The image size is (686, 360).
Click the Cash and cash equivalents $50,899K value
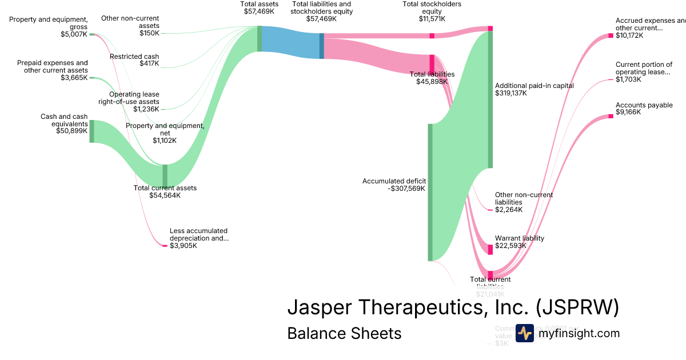point(71,130)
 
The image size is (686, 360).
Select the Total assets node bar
point(260,39)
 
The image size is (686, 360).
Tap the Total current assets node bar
point(165,175)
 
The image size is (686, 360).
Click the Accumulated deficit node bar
point(430,192)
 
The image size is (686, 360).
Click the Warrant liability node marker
point(490,249)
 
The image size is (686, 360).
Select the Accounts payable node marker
point(611,116)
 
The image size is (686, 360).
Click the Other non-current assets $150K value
point(149,33)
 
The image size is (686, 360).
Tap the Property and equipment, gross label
point(49,23)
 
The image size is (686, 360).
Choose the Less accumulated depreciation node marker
point(165,246)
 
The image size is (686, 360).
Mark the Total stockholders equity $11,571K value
point(432,19)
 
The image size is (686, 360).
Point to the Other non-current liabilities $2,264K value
point(508,209)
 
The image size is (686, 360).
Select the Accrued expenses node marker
point(611,35)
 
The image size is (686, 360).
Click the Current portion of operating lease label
point(644,68)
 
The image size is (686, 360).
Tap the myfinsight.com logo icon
point(525,333)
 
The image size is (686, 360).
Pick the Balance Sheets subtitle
point(344,333)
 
